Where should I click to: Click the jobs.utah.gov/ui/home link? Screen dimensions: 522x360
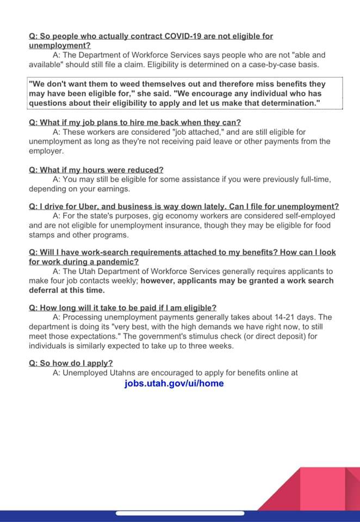(x=173, y=383)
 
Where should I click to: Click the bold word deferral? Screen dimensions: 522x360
(x=45, y=290)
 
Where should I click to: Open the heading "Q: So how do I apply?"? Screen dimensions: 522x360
(x=71, y=363)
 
